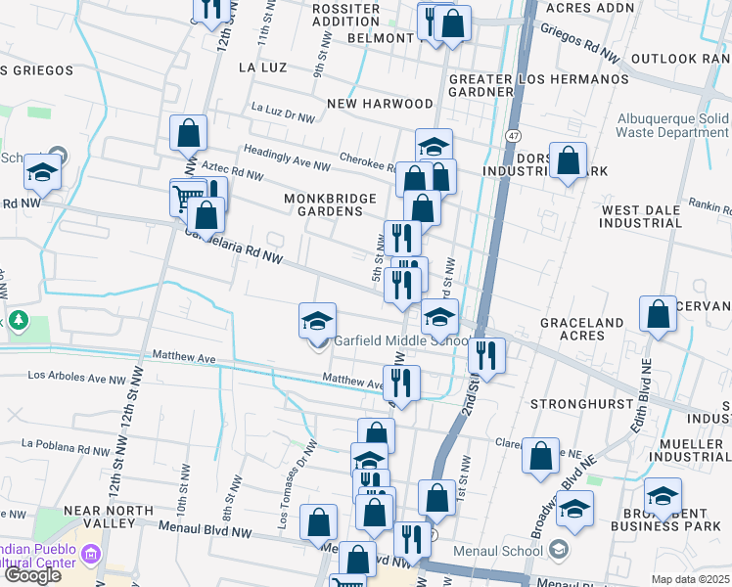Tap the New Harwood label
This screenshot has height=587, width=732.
[x=380, y=104]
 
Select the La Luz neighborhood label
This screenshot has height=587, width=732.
[x=261, y=68]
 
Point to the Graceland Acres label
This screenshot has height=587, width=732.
[x=581, y=330]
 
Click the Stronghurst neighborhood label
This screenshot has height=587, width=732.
[x=577, y=404]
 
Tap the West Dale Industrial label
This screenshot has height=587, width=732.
[x=641, y=216]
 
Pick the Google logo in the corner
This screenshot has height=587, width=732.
[x=32, y=575]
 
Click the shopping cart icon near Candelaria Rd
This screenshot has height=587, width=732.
[x=183, y=197]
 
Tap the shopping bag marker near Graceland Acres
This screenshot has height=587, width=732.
[x=659, y=314]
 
